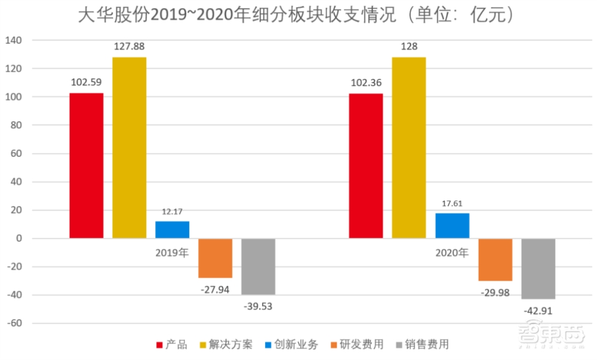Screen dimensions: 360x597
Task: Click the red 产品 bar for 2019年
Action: [x=86, y=166]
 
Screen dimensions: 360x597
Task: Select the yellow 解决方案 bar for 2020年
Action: [x=408, y=148]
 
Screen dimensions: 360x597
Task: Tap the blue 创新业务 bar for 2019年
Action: [x=172, y=230]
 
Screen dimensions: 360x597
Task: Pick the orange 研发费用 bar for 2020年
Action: [x=494, y=260]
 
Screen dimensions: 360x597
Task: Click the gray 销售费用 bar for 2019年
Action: [x=258, y=266]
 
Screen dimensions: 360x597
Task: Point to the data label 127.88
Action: [x=130, y=47]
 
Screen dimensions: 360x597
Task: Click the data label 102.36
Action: [x=365, y=83]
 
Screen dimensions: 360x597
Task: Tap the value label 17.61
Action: [x=452, y=203]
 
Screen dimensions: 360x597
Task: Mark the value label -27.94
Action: [x=215, y=288]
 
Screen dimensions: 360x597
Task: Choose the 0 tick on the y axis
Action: [x=19, y=239]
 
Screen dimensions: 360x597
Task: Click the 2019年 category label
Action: [x=172, y=253]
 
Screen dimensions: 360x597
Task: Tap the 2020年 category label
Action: [x=452, y=253]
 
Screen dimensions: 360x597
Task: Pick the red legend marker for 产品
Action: [x=159, y=345]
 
